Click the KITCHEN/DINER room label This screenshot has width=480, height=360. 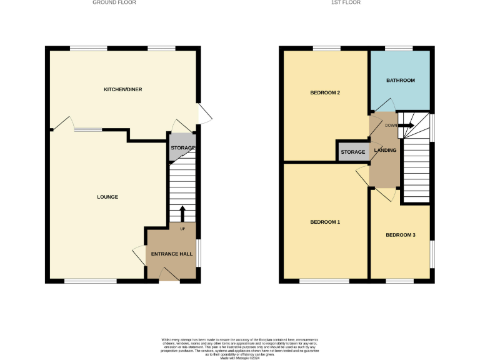coord(122,89)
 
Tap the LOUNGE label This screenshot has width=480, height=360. coord(107,197)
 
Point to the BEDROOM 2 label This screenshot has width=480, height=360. coord(325,93)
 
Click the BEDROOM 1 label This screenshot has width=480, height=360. coord(325,222)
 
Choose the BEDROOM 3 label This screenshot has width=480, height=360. coord(400,235)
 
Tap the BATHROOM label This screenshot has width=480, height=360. coord(400,81)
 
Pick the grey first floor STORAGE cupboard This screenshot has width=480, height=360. coord(353,152)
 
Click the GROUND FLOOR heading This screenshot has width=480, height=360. coord(114,2)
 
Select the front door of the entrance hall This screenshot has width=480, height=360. coord(169,275)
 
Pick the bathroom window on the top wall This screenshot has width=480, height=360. coord(398,48)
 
